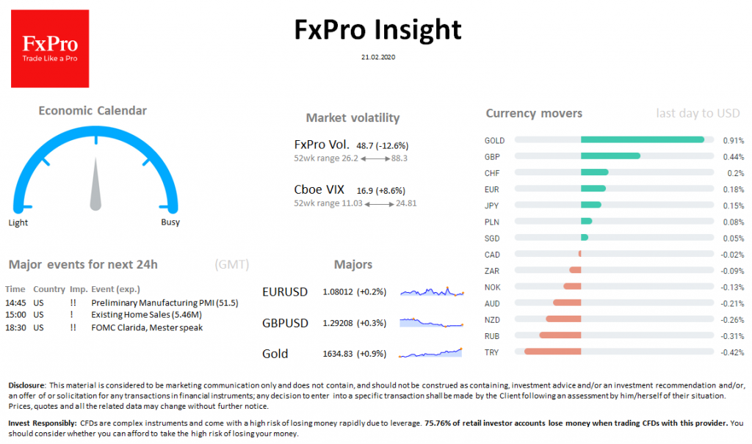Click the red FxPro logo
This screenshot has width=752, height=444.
50,48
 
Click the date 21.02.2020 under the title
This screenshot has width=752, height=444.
377,56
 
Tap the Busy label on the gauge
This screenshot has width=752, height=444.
170,222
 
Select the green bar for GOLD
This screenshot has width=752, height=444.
643,139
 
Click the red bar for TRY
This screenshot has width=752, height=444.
552,352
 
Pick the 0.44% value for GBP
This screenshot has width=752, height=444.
732,156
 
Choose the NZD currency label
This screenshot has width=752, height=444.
492,319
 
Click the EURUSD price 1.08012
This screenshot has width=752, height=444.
338,292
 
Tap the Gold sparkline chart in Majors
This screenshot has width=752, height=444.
432,353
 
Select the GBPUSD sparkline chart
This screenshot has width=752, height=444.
432,322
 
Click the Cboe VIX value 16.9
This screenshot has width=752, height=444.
365,189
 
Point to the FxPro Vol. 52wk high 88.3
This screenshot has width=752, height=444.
399,158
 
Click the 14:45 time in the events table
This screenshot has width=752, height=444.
15,302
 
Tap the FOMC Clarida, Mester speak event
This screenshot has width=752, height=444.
146,327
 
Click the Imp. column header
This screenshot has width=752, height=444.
78,289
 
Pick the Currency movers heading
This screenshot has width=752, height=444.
534,113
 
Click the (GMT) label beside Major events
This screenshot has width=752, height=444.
232,264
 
